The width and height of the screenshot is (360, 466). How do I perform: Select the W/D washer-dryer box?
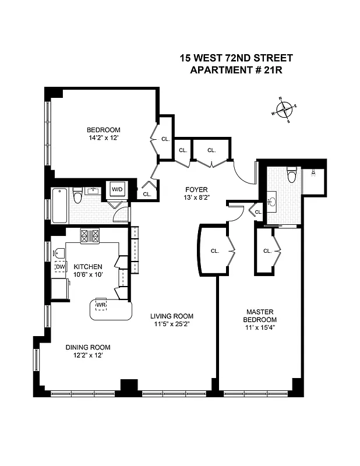click(x=117, y=189)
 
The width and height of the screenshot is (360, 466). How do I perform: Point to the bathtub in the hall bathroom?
click(x=60, y=205)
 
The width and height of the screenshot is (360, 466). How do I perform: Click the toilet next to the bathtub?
click(x=77, y=196)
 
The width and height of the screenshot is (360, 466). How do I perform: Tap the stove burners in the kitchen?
click(x=90, y=236)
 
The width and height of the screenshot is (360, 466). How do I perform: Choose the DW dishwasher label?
click(x=59, y=267)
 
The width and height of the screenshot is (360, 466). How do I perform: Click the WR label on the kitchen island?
click(x=101, y=305)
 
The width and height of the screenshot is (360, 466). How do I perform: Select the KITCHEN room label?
click(x=88, y=267)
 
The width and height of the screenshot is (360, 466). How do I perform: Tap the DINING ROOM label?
click(x=87, y=347)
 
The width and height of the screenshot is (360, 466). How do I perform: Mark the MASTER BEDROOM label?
click(x=259, y=316)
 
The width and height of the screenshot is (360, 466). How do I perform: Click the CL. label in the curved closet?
click(x=214, y=251)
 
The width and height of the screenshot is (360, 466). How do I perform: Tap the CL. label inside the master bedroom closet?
click(x=267, y=251)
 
